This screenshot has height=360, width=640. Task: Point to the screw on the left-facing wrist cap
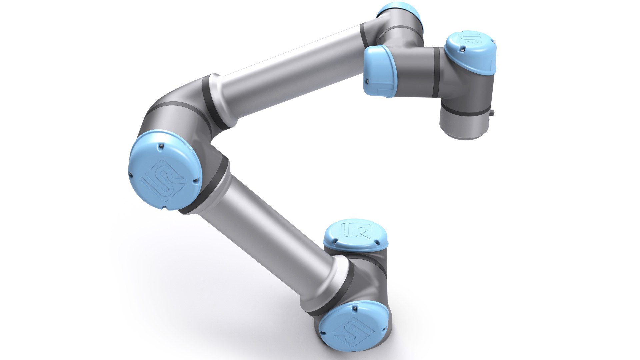click(x=366, y=80)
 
